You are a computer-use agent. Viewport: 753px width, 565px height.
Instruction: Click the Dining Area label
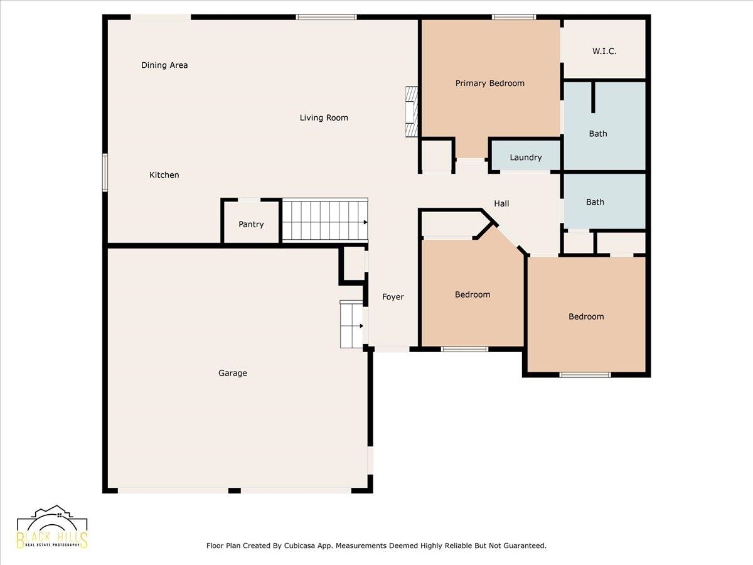[x=164, y=65]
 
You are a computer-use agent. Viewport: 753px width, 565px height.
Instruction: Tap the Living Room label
[x=324, y=118]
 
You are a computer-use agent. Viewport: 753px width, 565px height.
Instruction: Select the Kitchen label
[x=164, y=175]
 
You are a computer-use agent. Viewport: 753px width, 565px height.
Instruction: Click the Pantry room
[x=251, y=224]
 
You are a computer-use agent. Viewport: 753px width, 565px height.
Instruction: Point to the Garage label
[x=233, y=374]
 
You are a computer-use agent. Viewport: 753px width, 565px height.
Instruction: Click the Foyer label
[x=393, y=297]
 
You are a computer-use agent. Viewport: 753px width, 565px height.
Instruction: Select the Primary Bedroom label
[x=490, y=83]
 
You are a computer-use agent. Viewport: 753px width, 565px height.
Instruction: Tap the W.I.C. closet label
[x=604, y=51]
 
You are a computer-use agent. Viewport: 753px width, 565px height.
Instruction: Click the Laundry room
[x=526, y=158]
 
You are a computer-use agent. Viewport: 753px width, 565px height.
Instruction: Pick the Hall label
[x=501, y=203]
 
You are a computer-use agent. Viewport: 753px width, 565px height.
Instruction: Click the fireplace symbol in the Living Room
[x=411, y=112]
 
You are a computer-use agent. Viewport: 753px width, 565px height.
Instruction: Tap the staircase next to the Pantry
[x=324, y=220]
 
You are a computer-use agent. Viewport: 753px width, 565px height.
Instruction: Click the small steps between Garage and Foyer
[x=351, y=324]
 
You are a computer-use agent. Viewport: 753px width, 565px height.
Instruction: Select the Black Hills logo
[x=53, y=527]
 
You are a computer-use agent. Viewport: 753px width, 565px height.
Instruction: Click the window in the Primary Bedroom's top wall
[x=514, y=17]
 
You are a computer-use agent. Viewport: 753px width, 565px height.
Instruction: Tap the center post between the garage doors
[x=234, y=490]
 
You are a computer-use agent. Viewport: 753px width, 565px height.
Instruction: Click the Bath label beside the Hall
[x=595, y=202]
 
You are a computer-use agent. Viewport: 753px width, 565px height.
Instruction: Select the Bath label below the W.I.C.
[x=598, y=134]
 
